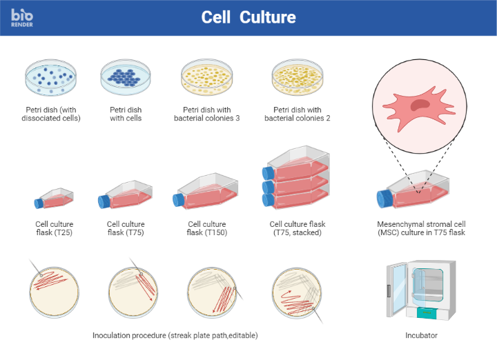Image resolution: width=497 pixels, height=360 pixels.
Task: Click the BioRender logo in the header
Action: pos(22,17)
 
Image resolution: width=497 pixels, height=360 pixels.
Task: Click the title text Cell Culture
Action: pos(248,17)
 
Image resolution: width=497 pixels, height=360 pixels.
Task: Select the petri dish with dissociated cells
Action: pos(50,77)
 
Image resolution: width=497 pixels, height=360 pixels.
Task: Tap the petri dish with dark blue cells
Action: pos(125,77)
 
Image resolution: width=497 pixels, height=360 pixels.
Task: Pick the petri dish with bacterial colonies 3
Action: pos(206,77)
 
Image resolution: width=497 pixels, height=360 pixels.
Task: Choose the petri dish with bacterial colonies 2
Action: pos(297,78)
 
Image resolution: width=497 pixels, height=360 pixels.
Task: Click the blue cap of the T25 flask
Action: pos(39,202)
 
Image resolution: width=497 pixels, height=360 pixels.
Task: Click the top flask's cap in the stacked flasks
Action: pos(269,171)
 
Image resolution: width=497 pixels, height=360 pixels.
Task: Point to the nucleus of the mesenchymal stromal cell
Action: pos(420,105)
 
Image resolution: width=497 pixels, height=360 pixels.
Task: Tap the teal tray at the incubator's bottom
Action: pos(426,312)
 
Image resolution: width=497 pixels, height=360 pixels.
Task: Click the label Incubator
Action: pos(421,336)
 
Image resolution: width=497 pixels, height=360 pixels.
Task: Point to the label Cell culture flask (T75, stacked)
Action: pos(297,228)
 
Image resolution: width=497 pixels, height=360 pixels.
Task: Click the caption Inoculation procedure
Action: pos(175,335)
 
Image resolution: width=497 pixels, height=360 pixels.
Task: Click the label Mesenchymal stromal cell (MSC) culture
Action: pos(420,228)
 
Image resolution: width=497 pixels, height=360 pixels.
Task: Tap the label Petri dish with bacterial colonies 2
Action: pos(297,114)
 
